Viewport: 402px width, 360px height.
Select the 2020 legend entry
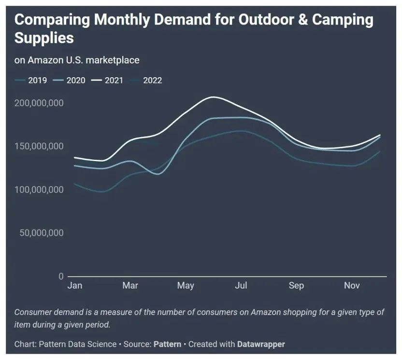coord(70,80)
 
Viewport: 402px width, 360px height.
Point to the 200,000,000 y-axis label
coord(39,103)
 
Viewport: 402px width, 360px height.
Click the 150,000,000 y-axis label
coord(39,146)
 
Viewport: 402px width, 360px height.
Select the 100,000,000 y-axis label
coord(39,190)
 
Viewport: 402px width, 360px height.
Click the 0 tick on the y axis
coord(61,277)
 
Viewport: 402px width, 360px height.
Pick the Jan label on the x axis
coord(75,286)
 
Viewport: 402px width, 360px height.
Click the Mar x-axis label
coord(130,286)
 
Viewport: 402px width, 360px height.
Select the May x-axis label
coord(186,286)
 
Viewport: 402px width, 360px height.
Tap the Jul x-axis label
coord(241,286)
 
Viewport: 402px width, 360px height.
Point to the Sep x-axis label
coord(296,286)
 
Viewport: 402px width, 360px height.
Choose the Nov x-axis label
coord(352,286)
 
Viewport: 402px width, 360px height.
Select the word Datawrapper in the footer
coord(261,344)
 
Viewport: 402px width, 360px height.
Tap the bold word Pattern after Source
coord(167,344)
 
